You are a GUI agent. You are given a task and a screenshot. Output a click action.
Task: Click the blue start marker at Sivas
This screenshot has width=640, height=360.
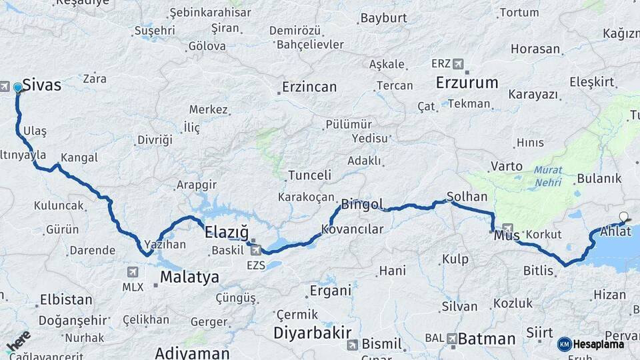pos(17,87)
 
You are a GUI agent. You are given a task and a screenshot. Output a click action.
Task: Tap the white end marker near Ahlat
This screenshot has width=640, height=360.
pos(623,216)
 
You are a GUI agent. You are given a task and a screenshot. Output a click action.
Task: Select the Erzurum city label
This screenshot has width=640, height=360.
pos(467,83)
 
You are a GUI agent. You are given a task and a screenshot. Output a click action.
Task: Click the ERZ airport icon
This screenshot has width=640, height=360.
pos(458,64)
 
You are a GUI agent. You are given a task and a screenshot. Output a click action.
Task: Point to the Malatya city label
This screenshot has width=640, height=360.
pos(189,277)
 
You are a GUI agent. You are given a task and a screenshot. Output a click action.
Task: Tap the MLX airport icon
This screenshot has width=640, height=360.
pos(132,272)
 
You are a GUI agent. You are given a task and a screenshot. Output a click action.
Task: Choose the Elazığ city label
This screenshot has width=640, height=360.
pos(226,233)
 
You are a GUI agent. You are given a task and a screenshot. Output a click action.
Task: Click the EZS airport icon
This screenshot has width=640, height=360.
pos(256,250)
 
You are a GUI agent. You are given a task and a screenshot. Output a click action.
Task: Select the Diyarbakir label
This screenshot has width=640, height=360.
pos(313,332)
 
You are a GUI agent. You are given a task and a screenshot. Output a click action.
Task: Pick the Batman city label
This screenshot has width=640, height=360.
pos(487,339)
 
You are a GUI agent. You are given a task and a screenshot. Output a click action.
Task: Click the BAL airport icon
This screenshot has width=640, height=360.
pos(452,339)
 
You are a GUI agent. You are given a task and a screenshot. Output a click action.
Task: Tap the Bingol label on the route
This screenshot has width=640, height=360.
pos(362,204)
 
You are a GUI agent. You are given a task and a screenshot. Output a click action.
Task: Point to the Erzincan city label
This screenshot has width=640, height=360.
pos(309,87)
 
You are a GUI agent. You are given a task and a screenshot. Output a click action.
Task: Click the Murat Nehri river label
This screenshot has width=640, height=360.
pos(547,177)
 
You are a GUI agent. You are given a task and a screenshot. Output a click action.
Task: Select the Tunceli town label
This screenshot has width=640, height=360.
pos(309,175)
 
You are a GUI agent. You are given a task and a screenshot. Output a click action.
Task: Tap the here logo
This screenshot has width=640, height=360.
pos(18,340)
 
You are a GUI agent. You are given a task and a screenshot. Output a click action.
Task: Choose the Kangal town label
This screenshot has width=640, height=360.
pos(79,158)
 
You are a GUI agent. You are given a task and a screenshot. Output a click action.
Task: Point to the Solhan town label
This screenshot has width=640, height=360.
pos(467,197)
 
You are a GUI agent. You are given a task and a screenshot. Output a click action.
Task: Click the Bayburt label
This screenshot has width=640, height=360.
pos(383,18)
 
